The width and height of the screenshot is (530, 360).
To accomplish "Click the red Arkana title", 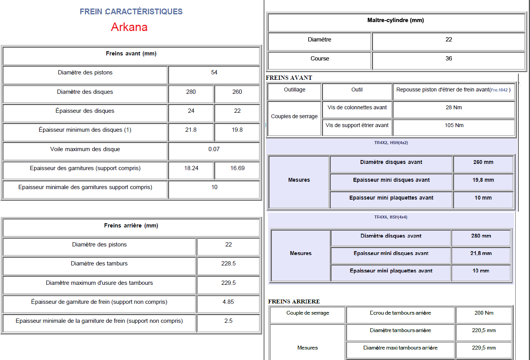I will point(129,27).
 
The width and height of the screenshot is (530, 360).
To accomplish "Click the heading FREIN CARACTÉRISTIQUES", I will point(131,12).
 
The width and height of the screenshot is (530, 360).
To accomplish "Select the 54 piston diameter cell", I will point(214,72).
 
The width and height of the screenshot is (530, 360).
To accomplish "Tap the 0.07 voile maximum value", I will point(214,149).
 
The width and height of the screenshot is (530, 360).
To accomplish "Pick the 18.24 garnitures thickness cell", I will point(191,168).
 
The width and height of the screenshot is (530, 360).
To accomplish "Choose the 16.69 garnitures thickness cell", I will point(237,168).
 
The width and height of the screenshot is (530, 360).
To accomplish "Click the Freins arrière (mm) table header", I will point(131,226).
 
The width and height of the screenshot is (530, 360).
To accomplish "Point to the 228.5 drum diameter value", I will point(228,264).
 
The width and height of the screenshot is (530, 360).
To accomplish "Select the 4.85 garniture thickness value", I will point(228,302).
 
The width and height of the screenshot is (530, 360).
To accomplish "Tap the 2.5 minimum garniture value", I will point(228,321).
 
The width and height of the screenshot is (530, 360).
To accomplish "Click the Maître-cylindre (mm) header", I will point(395,20).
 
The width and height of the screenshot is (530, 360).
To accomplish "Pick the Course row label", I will point(319,59).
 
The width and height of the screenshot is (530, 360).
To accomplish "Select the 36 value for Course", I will point(449,59).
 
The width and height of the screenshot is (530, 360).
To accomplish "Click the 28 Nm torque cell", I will point(454,107).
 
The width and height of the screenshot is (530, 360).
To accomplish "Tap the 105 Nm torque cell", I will point(454,125).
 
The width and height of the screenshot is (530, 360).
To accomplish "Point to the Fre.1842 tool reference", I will point(499,90).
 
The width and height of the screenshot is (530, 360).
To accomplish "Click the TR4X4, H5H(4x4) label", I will point(390,217).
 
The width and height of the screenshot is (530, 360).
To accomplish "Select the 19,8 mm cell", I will point(483,180).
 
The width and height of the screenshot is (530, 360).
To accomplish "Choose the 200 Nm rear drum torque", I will point(484,313).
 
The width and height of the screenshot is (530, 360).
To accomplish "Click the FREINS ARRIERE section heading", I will point(294,301).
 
